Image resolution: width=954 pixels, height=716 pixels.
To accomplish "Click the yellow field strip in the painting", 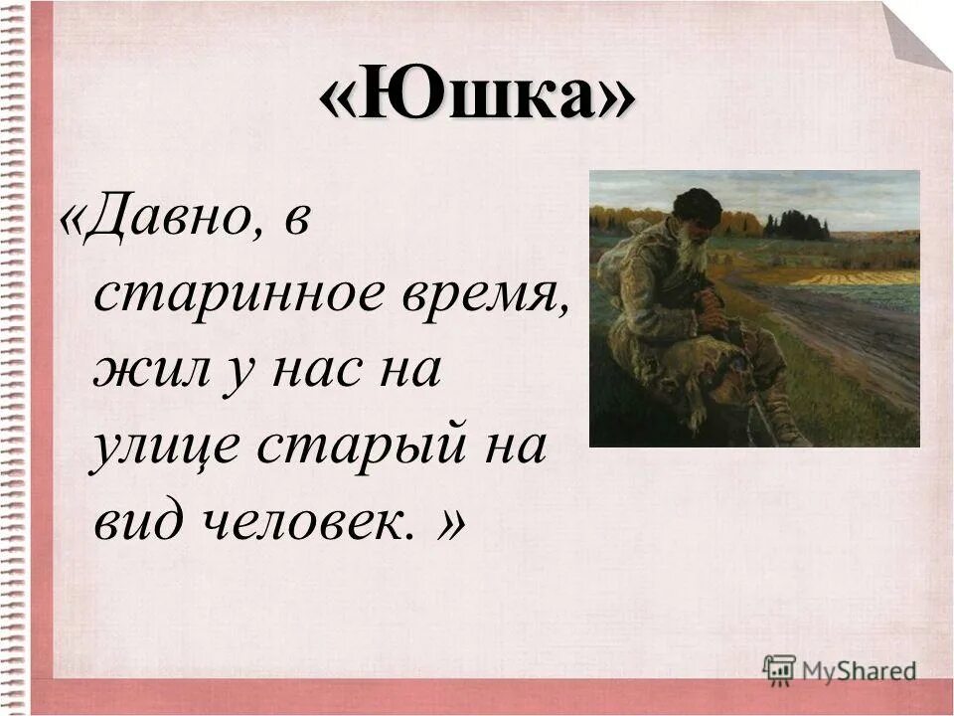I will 855,277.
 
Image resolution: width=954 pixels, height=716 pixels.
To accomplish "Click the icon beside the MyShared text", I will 779,667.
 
